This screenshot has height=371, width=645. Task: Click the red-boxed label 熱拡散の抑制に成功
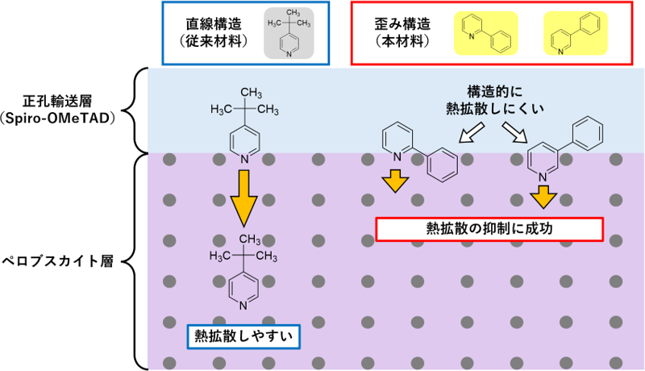[x=489, y=229]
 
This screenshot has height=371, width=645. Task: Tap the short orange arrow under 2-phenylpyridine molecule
[x=394, y=181]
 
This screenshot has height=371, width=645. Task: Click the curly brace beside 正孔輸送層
[x=139, y=110]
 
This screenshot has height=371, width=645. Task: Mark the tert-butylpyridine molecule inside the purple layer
[x=241, y=270]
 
